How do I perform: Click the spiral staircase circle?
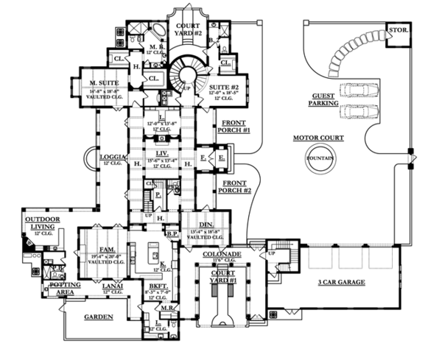189,74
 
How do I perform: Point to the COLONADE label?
219,253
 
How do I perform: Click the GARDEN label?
97,317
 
